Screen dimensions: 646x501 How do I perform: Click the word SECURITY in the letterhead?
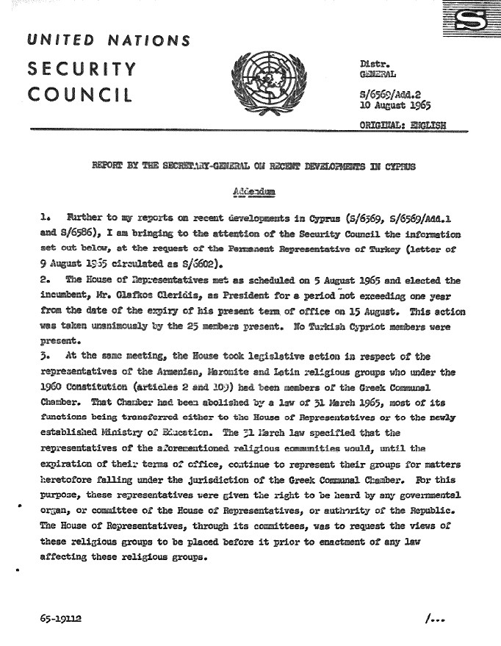(x=82, y=70)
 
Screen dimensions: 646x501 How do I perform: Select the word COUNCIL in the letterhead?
(x=80, y=96)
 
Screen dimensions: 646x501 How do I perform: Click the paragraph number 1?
(x=45, y=218)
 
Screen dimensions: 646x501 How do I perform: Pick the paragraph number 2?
(x=46, y=280)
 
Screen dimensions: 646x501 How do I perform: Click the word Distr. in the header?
(x=371, y=64)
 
